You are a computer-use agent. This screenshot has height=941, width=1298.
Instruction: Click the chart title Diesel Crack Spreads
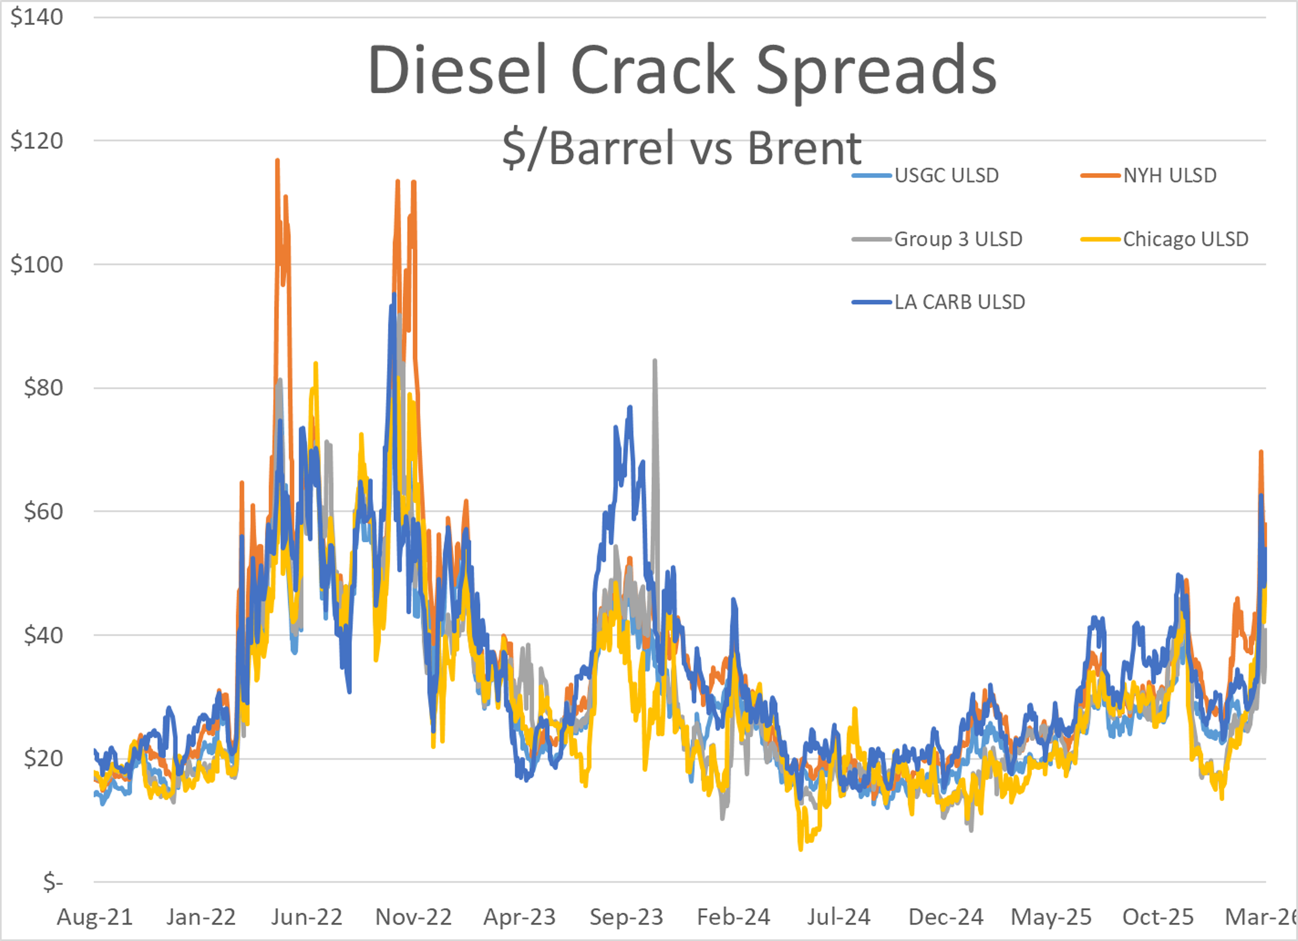tap(682, 70)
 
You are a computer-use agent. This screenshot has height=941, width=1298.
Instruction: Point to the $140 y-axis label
tap(37, 17)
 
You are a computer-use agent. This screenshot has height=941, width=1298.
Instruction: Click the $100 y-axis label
tap(37, 264)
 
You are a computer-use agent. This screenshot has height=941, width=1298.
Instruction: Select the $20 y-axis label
tap(43, 759)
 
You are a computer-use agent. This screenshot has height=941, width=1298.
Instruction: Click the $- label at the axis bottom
tap(53, 882)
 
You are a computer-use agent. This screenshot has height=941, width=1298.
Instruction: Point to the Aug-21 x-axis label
tap(95, 917)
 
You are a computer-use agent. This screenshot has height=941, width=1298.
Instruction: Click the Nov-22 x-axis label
tap(413, 917)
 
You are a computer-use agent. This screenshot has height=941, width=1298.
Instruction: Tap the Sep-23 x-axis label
tap(626, 917)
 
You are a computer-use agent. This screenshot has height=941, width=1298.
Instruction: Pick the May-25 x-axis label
tap(1051, 917)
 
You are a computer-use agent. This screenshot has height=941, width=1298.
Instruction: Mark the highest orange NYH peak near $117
tap(278, 161)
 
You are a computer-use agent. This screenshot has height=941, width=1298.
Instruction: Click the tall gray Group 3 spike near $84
tap(655, 361)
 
